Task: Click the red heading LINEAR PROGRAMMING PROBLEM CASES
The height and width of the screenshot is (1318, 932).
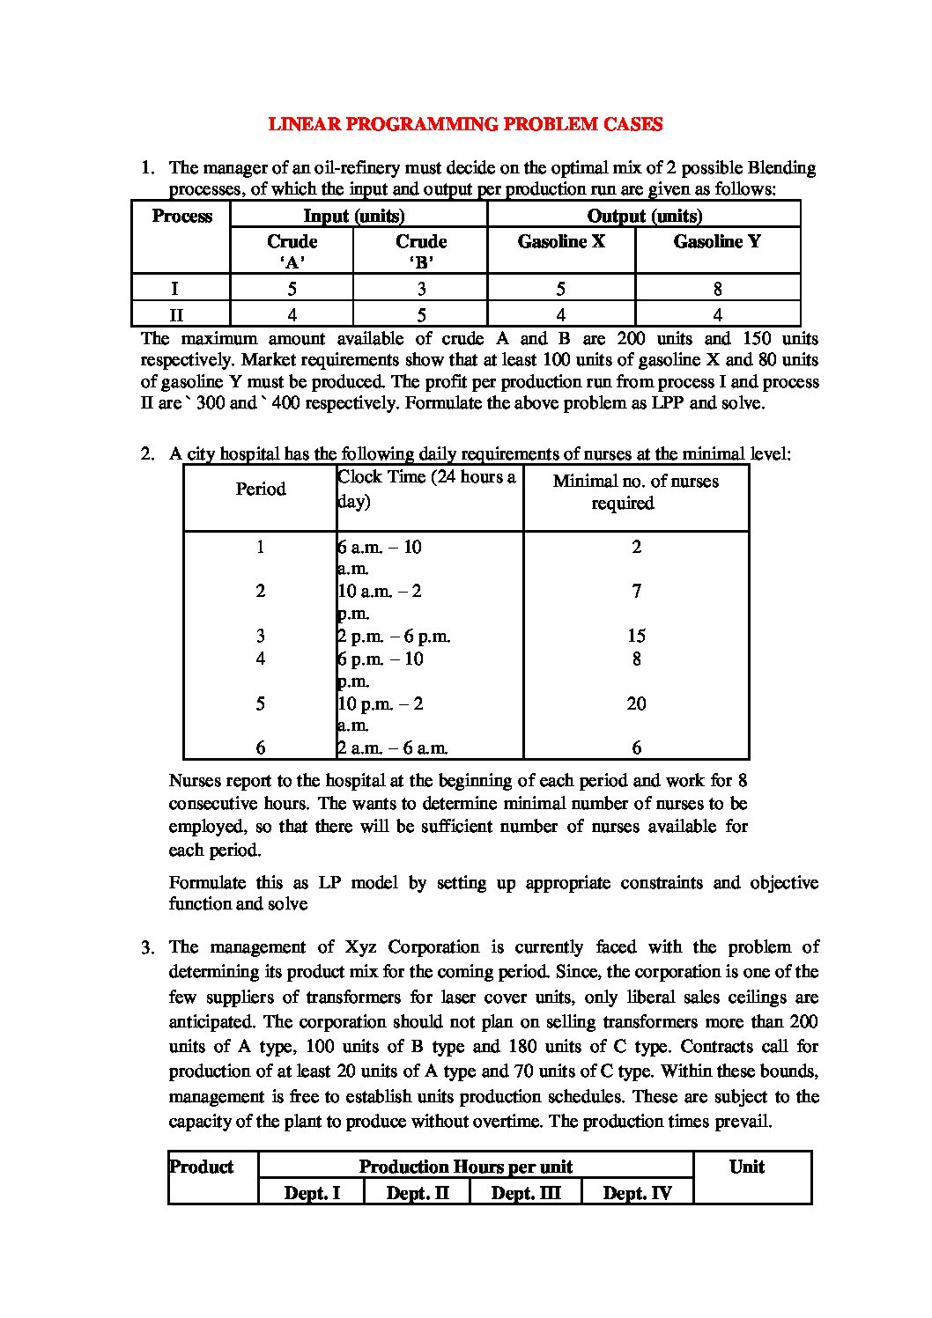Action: [465, 124]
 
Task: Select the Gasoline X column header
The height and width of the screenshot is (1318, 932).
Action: [561, 241]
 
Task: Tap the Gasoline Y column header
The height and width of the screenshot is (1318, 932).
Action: [717, 241]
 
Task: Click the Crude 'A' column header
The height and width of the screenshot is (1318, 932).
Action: [292, 250]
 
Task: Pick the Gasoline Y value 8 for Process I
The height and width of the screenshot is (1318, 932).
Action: [718, 288]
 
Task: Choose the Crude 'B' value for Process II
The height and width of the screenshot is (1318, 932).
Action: [421, 314]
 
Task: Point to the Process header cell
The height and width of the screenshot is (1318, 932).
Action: [181, 217]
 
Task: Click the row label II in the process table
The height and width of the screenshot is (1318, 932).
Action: [176, 314]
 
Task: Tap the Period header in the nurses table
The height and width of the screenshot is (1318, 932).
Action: [261, 489]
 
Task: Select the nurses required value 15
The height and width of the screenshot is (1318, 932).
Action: [636, 636]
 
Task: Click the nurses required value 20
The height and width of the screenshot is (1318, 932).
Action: [636, 703]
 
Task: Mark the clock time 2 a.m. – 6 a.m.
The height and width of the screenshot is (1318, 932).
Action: [393, 748]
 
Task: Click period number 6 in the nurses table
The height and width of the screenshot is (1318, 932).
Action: [261, 748]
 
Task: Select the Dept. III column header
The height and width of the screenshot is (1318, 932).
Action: [525, 1193]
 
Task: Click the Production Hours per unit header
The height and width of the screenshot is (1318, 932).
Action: [465, 1167]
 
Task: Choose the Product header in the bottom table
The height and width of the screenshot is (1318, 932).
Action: [202, 1167]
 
